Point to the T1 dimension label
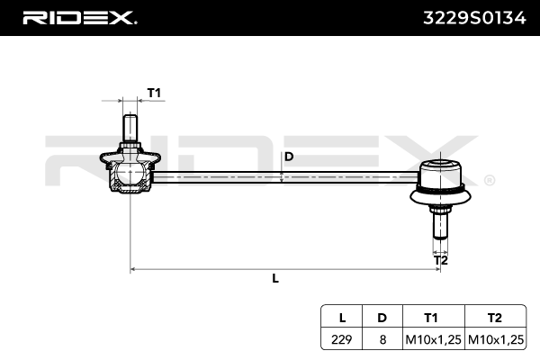point(154,94)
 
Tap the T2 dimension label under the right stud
point(441,260)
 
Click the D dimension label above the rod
point(289,156)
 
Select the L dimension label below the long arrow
point(275,278)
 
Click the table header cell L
point(342,318)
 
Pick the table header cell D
point(382,318)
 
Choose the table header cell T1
point(431,318)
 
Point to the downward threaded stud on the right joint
point(440,224)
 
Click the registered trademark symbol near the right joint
point(489,180)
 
